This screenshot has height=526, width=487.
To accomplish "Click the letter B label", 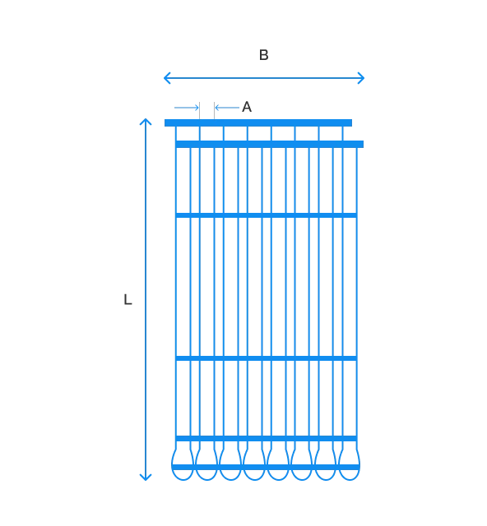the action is click(x=263, y=55).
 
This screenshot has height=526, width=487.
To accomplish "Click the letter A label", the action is click(x=247, y=107).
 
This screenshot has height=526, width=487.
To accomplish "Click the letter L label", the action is click(x=128, y=299).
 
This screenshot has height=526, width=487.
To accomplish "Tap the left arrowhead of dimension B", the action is click(x=167, y=78).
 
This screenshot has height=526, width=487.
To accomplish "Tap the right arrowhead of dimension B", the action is click(x=361, y=78).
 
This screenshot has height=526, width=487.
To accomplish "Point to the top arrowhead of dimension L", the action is click(x=146, y=122).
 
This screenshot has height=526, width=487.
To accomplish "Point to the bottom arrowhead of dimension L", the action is click(x=146, y=477).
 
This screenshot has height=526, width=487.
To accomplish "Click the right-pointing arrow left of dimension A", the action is click(x=187, y=108).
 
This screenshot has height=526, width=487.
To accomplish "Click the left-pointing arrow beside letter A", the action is click(x=227, y=108).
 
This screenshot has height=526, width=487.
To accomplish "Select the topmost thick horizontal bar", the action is click(x=258, y=122).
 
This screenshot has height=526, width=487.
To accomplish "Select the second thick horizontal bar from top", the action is click(x=269, y=145).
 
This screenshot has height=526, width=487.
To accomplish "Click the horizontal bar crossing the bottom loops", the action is click(x=266, y=467).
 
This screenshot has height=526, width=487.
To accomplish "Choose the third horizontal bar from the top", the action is click(x=266, y=215).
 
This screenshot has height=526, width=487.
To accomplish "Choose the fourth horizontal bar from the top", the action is click(x=266, y=358).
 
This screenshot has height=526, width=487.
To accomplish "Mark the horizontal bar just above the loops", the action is click(x=266, y=438).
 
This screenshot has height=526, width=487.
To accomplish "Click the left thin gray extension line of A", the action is click(x=200, y=110).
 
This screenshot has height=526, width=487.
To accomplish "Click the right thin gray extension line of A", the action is click(x=214, y=110).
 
